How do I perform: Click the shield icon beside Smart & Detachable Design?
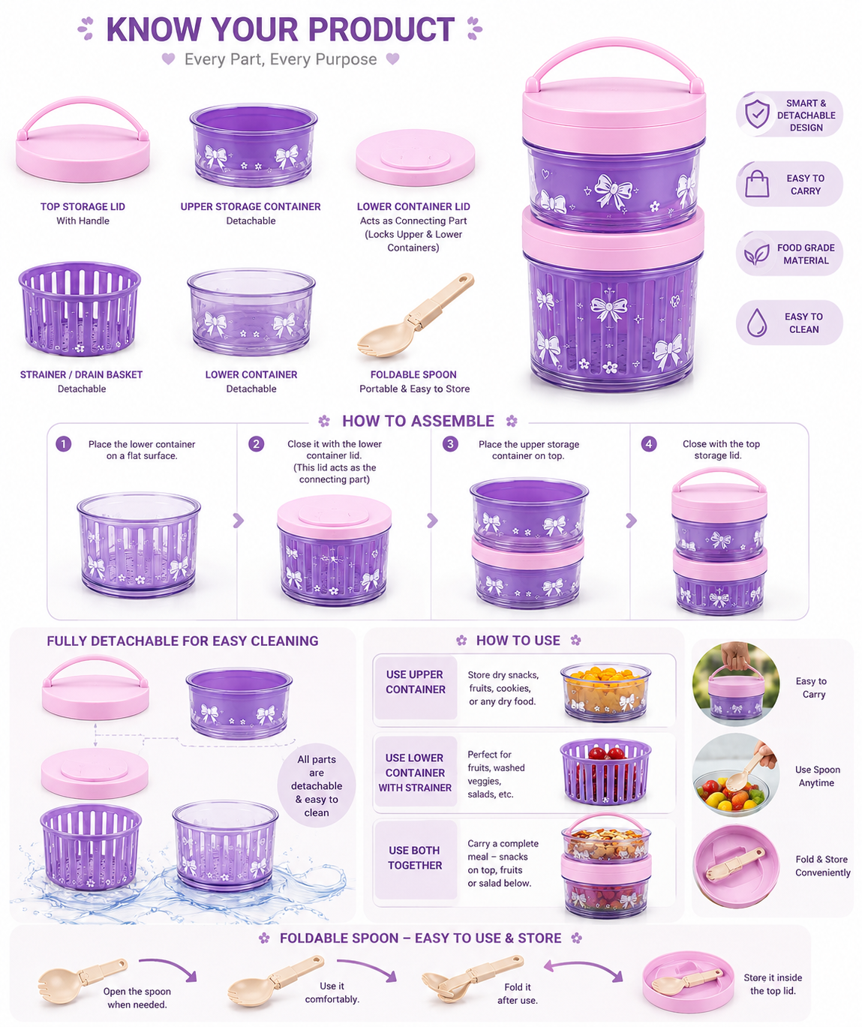point(757,114)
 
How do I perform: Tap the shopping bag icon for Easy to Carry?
point(757,184)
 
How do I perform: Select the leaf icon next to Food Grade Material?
point(757,254)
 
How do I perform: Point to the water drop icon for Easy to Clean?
point(757,323)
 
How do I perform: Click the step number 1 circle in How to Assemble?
point(64,443)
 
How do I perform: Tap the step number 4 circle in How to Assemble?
point(648,443)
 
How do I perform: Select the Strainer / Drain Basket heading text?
point(81,374)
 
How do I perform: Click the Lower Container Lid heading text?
point(413,206)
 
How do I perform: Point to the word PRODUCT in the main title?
point(381,29)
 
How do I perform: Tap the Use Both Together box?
point(416,858)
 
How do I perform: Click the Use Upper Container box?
point(416,687)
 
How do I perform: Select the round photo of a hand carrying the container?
point(736,683)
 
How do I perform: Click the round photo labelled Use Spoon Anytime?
point(736,775)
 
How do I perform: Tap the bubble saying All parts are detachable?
point(317,785)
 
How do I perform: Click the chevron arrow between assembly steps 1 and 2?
point(238,520)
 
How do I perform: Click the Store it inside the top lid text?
point(773,984)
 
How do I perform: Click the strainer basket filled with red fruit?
point(605,770)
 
